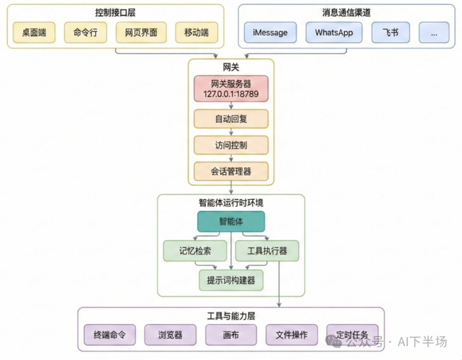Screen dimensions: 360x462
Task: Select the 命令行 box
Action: coord(85,32)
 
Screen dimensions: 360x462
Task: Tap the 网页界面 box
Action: coord(137,32)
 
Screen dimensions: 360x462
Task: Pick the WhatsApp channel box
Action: coord(334,32)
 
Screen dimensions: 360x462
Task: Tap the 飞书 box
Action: coord(390,32)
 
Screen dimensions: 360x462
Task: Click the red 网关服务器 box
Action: coord(231,88)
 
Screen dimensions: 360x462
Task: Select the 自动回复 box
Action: coord(231,119)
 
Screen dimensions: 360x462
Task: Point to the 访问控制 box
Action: coord(231,144)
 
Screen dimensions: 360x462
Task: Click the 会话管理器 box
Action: coord(231,171)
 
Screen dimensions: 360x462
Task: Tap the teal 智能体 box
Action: coord(231,221)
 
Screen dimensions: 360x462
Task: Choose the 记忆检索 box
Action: coord(195,251)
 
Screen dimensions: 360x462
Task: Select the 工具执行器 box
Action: coord(267,251)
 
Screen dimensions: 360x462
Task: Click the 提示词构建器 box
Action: coord(231,280)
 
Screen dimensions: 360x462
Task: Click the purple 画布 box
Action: coord(231,334)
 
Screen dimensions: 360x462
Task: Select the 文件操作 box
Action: coord(291,334)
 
